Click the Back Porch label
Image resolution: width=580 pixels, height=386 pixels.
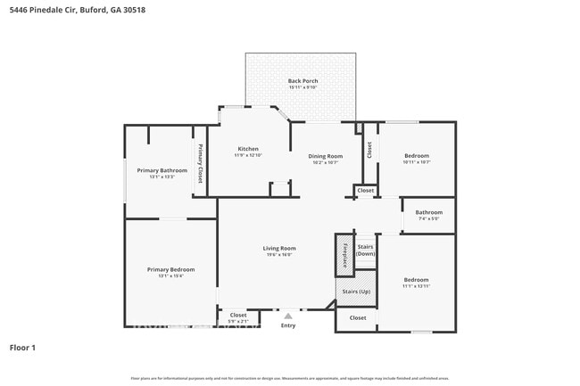point(302,81)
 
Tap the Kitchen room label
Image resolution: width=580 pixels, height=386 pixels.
point(247,149)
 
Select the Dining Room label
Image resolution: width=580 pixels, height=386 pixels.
point(326,156)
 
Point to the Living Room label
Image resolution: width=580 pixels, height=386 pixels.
point(278,248)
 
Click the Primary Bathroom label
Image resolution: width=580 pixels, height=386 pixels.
point(162,170)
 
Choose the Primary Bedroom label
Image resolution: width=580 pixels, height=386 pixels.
point(170,269)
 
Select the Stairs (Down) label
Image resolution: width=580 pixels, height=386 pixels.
point(365,250)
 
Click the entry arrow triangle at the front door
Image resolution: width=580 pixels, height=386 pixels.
point(287,316)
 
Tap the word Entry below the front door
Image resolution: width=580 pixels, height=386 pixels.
point(287,325)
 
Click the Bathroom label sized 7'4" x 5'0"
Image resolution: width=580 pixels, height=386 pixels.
point(428,212)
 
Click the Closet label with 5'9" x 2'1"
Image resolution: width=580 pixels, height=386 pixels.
point(238,315)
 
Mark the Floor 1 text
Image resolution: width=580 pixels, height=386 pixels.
point(22,347)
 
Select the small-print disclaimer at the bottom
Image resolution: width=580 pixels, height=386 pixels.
point(290,379)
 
